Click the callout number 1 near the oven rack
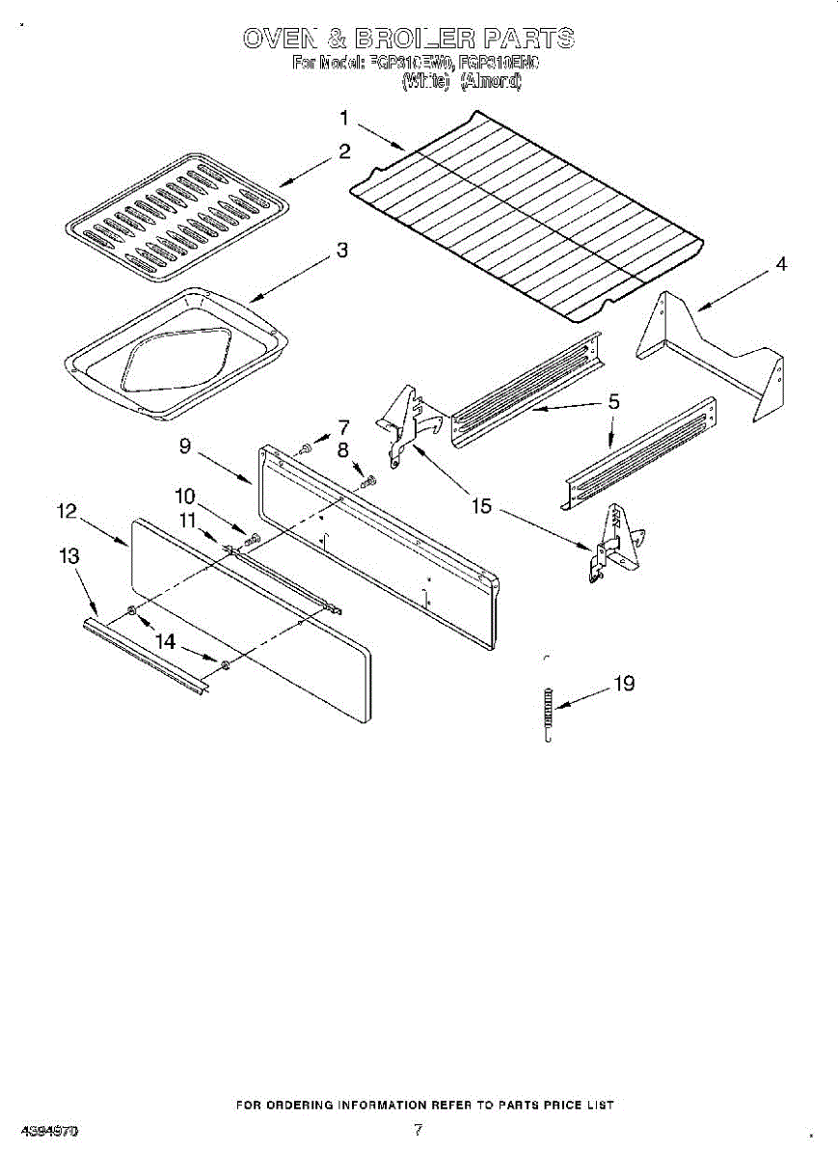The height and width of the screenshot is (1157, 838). point(343,119)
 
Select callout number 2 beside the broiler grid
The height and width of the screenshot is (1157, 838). point(343,151)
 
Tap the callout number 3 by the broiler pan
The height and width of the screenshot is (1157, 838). point(341,250)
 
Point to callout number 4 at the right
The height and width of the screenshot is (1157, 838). point(781,263)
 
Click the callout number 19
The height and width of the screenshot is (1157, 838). point(624,684)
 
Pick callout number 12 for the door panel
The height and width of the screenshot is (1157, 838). point(67,512)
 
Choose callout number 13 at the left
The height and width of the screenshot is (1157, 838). point(68,556)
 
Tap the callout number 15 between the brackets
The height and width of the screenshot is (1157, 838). point(480,505)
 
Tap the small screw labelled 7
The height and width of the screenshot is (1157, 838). point(305,447)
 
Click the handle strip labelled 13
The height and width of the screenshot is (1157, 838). point(145,655)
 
